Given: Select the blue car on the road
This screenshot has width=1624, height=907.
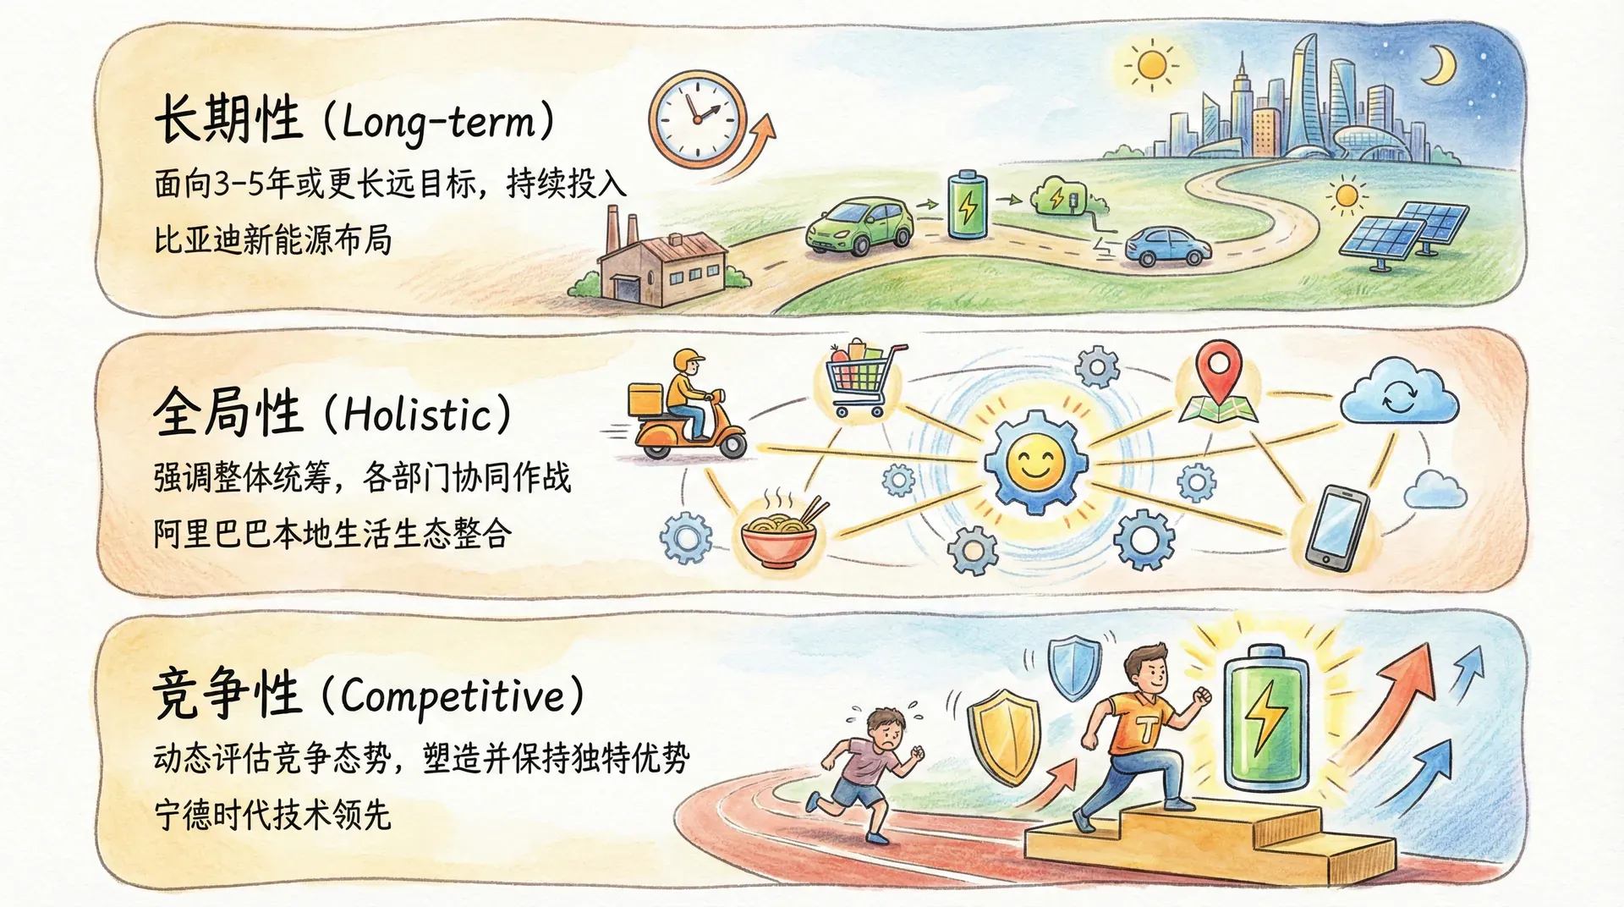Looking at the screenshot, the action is (1167, 246).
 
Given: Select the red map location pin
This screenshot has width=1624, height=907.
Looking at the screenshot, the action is (1218, 371).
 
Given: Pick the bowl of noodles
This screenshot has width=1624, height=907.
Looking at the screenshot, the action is (780, 529).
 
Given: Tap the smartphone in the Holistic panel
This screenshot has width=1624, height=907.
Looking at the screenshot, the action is (1336, 528).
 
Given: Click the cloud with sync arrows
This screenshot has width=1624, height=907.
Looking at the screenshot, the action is (1400, 393).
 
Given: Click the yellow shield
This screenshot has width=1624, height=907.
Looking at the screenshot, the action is (1005, 736).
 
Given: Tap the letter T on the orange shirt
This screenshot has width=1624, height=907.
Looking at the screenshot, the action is (1148, 728).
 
